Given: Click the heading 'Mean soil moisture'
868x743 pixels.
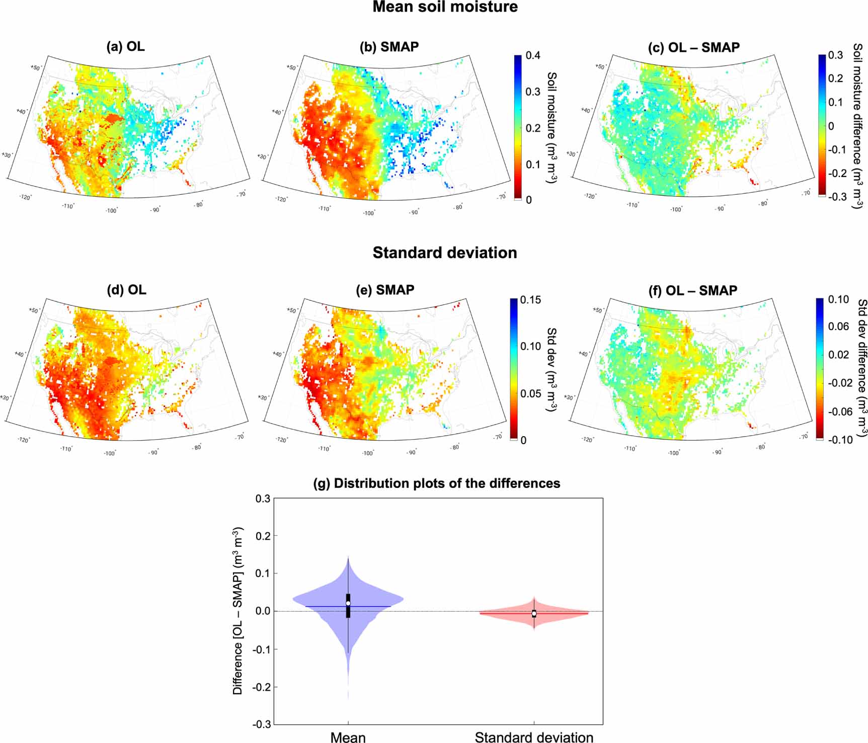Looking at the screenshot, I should pos(445,7).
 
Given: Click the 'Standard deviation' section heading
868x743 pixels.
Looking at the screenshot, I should pos(445,253).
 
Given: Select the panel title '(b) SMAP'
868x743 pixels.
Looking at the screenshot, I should pos(389,47).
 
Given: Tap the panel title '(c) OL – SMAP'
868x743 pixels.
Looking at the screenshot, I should pos(694,48).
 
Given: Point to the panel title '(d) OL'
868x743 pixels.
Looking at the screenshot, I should pos(126,290).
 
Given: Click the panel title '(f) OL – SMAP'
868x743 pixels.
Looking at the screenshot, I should pos(694,291).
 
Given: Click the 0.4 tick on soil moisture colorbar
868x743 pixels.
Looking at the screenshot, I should pos(533,55).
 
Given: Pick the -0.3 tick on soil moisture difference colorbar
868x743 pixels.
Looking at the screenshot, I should pos(837,197).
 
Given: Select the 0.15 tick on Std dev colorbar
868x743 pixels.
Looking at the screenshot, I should pos(530,300).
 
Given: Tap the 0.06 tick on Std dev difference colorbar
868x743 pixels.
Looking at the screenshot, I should pos(838,326).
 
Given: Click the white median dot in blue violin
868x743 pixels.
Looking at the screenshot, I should pos(348,603).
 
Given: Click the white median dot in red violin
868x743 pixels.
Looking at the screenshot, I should pos(534,613).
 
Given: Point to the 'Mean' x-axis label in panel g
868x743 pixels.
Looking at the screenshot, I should pos(348,737).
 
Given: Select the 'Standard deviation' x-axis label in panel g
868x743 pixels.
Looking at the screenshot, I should pos(534,737).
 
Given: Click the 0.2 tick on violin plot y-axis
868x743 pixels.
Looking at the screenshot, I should pos(263,536).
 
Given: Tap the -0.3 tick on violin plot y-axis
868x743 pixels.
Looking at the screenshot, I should pos(262,724).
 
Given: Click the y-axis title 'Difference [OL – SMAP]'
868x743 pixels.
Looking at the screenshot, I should pos(238,611).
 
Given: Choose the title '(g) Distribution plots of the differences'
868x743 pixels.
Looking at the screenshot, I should pos(436,483).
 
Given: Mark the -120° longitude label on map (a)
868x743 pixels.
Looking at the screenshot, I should pos(25,197).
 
